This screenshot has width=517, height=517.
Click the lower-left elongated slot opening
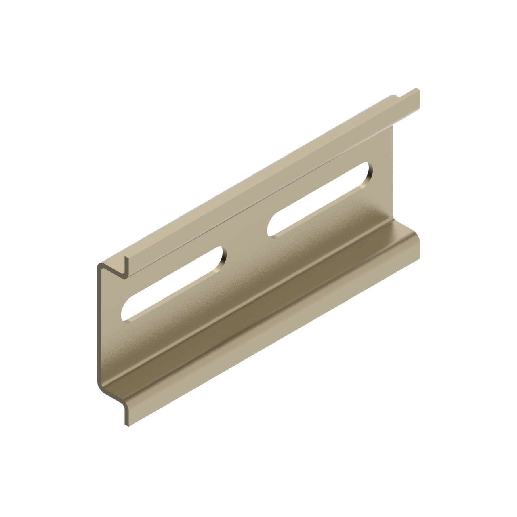tap(174, 285)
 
